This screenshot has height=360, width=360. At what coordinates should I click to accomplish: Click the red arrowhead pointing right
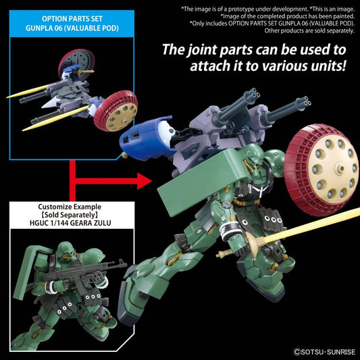tap(144, 181)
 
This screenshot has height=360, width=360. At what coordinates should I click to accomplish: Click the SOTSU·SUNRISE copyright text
tap(325, 352)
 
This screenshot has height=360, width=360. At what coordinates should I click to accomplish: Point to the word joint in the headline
tap(202, 50)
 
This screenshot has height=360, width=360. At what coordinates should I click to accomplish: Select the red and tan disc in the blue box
tap(116, 111)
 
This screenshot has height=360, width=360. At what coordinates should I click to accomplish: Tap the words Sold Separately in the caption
tap(70, 215)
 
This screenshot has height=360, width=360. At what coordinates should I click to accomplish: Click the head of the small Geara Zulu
tap(66, 251)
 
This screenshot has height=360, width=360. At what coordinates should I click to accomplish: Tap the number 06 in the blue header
tap(56, 28)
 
